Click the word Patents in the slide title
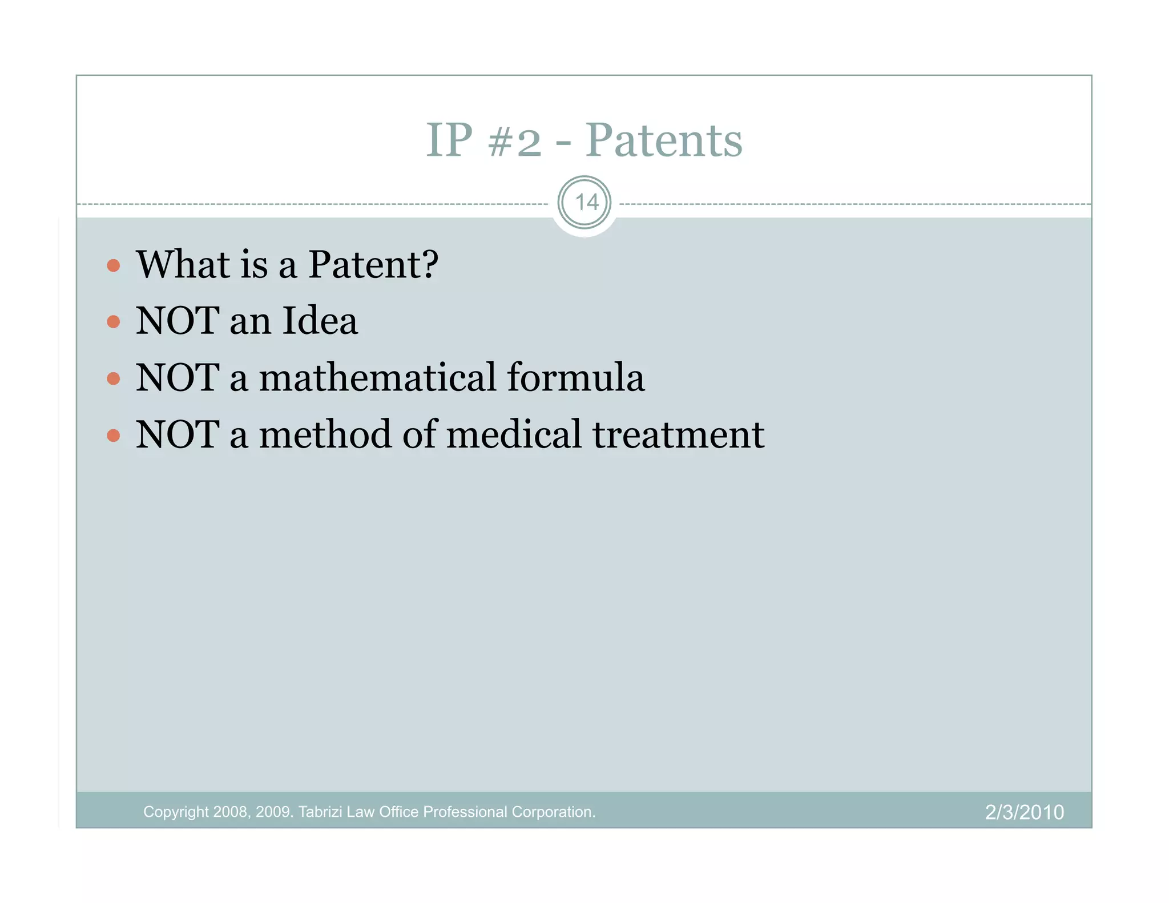click(663, 140)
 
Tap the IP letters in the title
click(449, 140)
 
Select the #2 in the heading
click(514, 142)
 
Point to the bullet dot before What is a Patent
click(114, 265)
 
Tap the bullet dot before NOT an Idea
click(114, 322)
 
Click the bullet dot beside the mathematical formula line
click(114, 378)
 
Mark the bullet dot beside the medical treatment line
click(114, 436)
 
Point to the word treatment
click(678, 436)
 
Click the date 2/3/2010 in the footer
click(1024, 812)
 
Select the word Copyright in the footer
click(176, 812)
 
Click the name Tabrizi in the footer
click(320, 812)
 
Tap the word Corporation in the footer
click(553, 812)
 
